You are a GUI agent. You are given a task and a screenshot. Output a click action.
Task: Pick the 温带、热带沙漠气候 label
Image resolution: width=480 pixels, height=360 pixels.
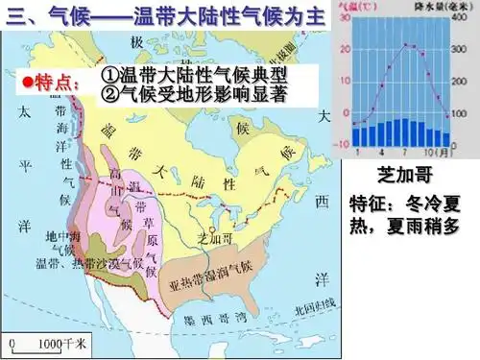[88, 262]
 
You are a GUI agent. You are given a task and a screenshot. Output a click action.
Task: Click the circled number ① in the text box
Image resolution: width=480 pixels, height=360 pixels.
[108, 75]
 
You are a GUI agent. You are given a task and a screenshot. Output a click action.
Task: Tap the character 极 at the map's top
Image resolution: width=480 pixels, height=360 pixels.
[139, 40]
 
